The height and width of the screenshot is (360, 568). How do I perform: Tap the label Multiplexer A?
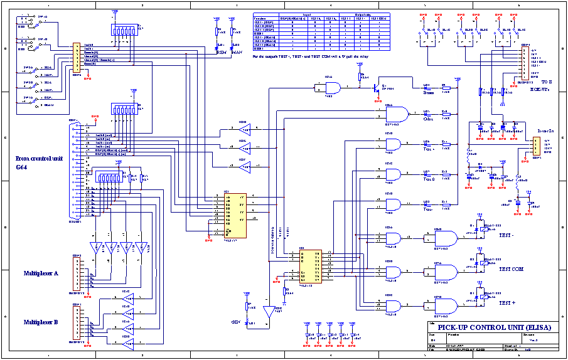click(41, 273)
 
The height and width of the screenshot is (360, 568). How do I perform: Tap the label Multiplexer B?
click(41, 322)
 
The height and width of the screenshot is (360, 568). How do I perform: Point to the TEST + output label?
click(508, 303)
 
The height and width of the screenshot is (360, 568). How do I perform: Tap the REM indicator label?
click(220, 52)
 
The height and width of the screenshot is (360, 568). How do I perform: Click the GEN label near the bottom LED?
click(236, 322)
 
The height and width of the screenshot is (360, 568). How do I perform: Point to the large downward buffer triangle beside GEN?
click(269, 312)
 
